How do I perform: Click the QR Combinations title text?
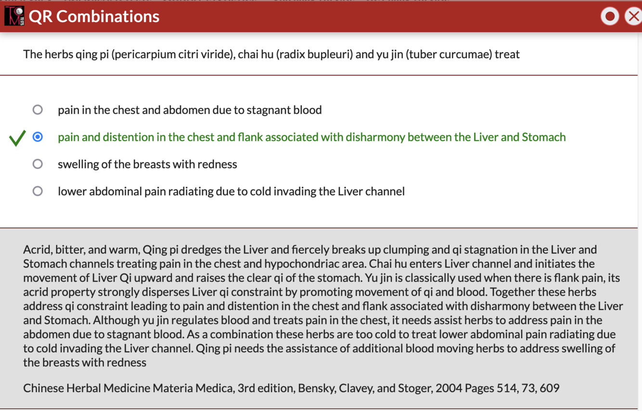(x=94, y=16)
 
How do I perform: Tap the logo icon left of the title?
(x=14, y=16)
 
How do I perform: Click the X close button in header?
(x=633, y=16)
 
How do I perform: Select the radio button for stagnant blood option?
(x=38, y=110)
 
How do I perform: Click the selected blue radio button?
(x=38, y=137)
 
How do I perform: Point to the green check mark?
(x=17, y=138)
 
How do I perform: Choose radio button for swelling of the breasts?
(x=38, y=164)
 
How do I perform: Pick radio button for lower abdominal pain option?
(x=38, y=191)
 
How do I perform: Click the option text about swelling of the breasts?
(x=147, y=164)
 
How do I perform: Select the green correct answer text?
(x=311, y=137)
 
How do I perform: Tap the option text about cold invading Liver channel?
(x=231, y=191)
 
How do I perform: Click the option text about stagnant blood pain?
(x=190, y=110)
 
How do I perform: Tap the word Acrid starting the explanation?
(x=37, y=250)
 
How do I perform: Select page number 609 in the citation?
(x=550, y=388)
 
